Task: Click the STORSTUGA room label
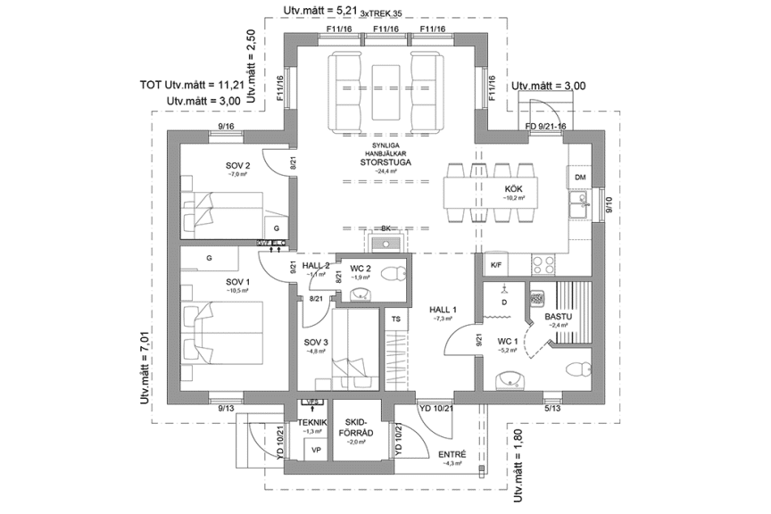[386, 162]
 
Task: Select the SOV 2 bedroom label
[237, 166]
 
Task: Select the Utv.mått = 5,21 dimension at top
[319, 10]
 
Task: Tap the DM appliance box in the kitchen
[580, 178]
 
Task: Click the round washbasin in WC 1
[510, 378]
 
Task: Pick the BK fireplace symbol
[385, 238]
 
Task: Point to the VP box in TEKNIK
[314, 451]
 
